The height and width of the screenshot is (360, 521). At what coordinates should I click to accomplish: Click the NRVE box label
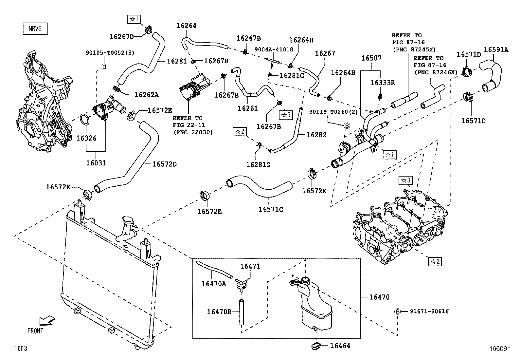(35, 28)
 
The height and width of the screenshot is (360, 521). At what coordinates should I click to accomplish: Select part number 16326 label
(86, 138)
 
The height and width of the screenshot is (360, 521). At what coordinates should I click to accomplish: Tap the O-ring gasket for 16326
(85, 120)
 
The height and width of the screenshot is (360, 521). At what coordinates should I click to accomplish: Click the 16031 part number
(96, 163)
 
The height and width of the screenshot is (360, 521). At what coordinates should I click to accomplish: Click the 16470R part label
(219, 312)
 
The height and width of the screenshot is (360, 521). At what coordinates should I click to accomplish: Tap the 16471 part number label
(250, 266)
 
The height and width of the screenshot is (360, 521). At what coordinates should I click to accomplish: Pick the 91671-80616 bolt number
(429, 311)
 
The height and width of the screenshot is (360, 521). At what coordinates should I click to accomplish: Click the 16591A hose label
(496, 50)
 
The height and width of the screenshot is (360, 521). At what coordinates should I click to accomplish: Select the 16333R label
(382, 83)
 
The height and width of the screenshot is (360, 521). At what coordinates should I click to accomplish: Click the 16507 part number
(371, 58)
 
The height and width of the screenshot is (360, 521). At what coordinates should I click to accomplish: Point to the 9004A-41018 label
(274, 49)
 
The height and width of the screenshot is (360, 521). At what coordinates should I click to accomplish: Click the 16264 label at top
(186, 26)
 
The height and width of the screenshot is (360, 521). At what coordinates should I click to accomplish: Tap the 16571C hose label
(270, 209)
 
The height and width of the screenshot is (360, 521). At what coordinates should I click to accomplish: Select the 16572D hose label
(164, 164)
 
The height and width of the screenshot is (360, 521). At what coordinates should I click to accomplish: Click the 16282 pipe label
(316, 135)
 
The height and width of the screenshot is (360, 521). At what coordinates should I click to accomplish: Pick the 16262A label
(146, 95)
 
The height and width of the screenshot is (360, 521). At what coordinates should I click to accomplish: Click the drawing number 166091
(499, 349)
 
